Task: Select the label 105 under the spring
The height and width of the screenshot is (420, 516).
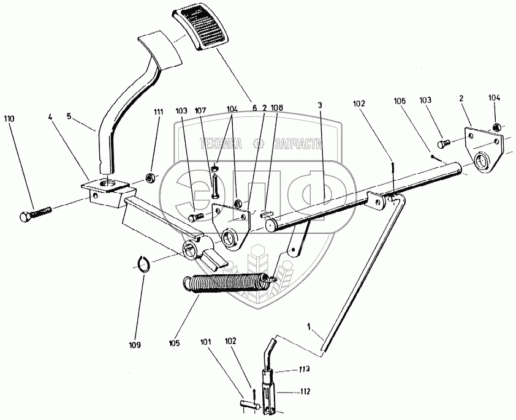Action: click(x=175, y=344)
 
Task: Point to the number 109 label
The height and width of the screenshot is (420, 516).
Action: click(x=135, y=345)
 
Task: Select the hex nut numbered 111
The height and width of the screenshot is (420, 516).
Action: click(x=149, y=179)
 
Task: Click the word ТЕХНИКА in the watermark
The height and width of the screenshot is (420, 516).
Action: click(x=221, y=144)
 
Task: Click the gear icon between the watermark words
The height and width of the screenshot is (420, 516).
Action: click(x=259, y=144)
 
